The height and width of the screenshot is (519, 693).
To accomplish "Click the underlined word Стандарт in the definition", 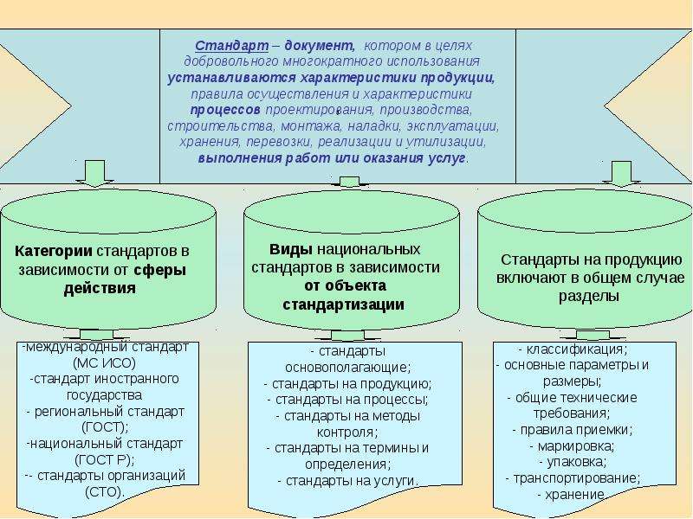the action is (x=231, y=46).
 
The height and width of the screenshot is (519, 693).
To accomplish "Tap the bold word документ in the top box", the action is (x=320, y=46).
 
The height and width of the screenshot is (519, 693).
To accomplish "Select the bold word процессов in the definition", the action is (x=225, y=110).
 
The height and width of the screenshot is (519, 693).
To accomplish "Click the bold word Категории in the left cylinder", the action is (x=54, y=251).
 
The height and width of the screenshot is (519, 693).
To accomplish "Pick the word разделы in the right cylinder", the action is (x=588, y=296).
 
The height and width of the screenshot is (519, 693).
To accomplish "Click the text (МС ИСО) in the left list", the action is (x=104, y=362).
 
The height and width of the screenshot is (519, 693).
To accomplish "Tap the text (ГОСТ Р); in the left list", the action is (x=105, y=460).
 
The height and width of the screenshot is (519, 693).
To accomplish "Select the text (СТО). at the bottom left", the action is (x=105, y=491).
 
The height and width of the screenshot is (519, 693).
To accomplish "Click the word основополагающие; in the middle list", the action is (x=348, y=367).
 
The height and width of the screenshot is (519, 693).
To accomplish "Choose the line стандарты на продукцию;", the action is (x=348, y=384).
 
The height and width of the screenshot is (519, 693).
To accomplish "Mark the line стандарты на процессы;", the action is (x=348, y=400).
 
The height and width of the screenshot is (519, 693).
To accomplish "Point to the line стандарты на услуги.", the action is (x=348, y=481).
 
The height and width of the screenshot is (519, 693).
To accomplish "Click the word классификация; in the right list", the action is (x=573, y=349).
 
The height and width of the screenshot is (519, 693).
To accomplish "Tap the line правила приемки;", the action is (x=573, y=429).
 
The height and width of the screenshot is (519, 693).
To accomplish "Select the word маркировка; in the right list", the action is (x=573, y=446).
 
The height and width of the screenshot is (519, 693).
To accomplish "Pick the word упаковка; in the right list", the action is (x=573, y=462).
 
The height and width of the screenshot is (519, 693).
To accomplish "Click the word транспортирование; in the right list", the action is (x=573, y=478).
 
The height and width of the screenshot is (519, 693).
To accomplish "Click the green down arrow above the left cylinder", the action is (x=94, y=174).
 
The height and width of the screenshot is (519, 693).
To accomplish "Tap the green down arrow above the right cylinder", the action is (x=621, y=174).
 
